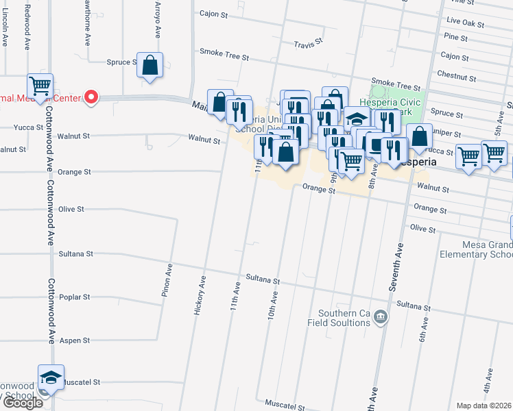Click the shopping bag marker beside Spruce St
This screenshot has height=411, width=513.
coord(150,66)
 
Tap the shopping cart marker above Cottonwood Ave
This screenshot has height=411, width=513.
coord(40,86)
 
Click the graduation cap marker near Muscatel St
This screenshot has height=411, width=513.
coord(51,377)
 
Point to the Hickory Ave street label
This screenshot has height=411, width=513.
coord(200,295)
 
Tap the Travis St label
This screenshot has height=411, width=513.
coord(308,45)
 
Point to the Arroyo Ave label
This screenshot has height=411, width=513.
coord(157,23)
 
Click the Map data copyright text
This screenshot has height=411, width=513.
coord(484,406)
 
